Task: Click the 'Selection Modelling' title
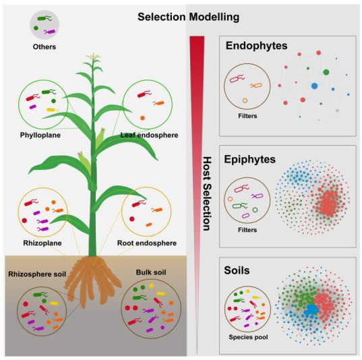pyautogui.click(x=188, y=17)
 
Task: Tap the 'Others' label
pyautogui.click(x=44, y=47)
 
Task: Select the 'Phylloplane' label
pyautogui.click(x=40, y=135)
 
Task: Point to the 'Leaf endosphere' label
pyautogui.click(x=149, y=135)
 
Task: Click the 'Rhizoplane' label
pyautogui.click(x=42, y=243)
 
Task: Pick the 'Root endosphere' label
pyautogui.click(x=147, y=243)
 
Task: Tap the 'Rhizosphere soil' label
pyautogui.click(x=37, y=274)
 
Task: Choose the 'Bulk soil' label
pyautogui.click(x=151, y=272)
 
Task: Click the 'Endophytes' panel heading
pyautogui.click(x=256, y=46)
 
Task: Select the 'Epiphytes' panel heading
pyautogui.click(x=250, y=159)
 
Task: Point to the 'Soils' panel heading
pyautogui.click(x=237, y=270)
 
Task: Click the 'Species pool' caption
pyautogui.click(x=249, y=337)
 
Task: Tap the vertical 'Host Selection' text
pyautogui.click(x=207, y=193)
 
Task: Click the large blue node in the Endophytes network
pyautogui.click(x=314, y=86)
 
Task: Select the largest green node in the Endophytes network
pyautogui.click(x=326, y=72)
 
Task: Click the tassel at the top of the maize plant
pyautogui.click(x=93, y=57)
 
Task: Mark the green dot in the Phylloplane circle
pyautogui.click(x=53, y=101)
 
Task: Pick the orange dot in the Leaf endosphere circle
pyautogui.click(x=142, y=118)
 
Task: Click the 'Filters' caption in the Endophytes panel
pyautogui.click(x=247, y=116)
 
